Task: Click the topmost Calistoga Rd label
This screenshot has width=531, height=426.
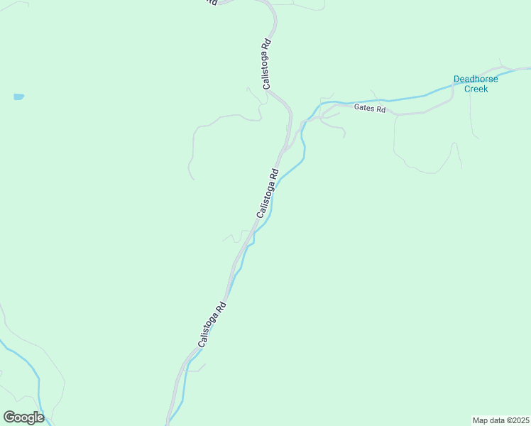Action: point(266,64)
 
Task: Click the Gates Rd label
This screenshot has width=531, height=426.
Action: point(369,109)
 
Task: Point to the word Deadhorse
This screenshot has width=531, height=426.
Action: point(476,79)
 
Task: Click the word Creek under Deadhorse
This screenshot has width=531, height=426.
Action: point(476,89)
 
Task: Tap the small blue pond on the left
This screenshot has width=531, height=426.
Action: point(18,97)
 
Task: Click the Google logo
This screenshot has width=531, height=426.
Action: point(23,417)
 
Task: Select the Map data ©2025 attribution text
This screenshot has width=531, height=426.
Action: point(501,420)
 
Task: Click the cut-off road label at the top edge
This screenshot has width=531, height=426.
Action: point(211,2)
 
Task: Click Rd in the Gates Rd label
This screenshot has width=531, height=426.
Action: point(380,110)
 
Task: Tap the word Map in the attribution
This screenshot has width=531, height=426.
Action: point(481,420)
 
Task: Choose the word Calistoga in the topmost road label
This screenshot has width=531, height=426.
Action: point(266,69)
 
